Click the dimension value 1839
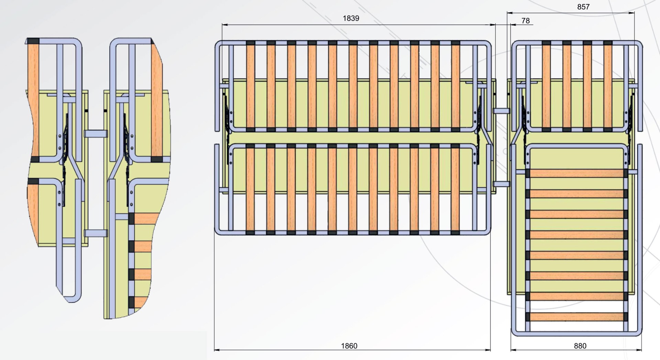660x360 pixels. click(x=351, y=18)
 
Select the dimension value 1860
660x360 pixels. click(x=349, y=346)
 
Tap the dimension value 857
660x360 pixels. click(x=583, y=7)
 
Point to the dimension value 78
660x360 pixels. click(x=526, y=21)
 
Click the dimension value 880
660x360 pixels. click(x=580, y=346)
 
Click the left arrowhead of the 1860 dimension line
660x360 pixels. click(x=217, y=350)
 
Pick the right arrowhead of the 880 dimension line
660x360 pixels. click(x=639, y=350)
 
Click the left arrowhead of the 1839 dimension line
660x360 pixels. click(x=225, y=25)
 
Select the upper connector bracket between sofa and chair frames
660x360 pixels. click(x=501, y=111)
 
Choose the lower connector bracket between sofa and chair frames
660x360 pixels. click(x=501, y=184)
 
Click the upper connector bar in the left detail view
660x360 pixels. click(x=96, y=134)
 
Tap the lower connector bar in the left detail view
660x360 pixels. click(x=96, y=233)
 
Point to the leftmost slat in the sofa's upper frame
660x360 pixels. click(x=250, y=86)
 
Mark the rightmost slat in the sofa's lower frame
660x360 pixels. click(x=455, y=189)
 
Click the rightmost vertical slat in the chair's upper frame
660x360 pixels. click(x=608, y=86)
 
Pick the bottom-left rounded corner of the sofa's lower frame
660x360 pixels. click(x=219, y=231)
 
